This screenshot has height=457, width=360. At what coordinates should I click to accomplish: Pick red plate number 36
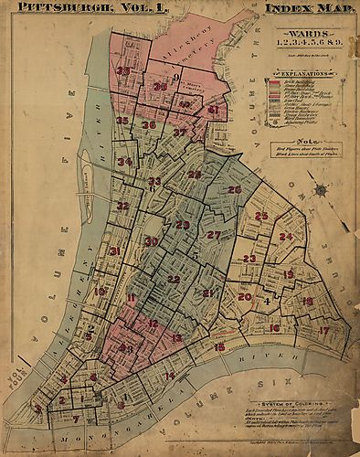coord(149,125)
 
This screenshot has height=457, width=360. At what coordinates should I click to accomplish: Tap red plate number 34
coord(125,162)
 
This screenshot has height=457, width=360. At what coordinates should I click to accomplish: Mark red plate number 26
coord(235,189)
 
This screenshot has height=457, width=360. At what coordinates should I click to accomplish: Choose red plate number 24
coord(286,237)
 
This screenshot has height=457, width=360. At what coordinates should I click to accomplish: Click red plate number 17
coord(323,330)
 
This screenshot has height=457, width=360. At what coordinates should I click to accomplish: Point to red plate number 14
coord(169,376)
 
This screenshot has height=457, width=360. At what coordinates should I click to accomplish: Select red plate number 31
coord(114,250)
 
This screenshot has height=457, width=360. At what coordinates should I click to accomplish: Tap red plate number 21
coord(207,292)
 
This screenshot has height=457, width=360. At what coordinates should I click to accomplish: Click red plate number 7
coord(76,420)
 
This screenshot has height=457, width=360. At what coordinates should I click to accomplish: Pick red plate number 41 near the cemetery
coord(213,110)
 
